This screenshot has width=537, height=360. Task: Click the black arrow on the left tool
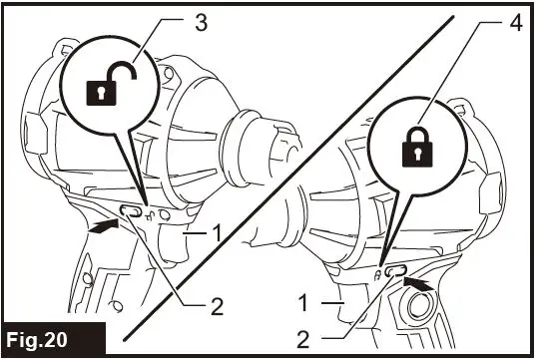(x=99, y=228)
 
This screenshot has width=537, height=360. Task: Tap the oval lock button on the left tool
(x=130, y=211)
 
